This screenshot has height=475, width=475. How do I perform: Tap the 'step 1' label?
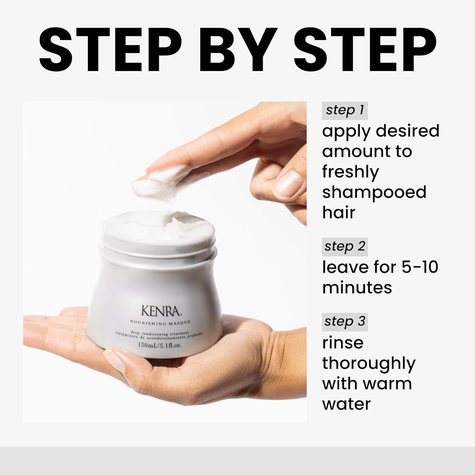click(x=345, y=110)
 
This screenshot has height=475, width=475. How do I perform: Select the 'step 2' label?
click(x=345, y=247)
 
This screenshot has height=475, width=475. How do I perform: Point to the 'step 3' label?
click(x=345, y=321)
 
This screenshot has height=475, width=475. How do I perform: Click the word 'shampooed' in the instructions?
click(x=374, y=193)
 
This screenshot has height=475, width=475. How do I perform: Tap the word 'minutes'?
click(x=357, y=287)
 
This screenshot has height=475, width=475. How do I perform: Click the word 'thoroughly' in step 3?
click(x=369, y=364)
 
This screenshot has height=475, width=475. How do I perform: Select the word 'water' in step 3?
click(x=346, y=404)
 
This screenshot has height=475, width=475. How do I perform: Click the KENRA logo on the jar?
click(x=161, y=311)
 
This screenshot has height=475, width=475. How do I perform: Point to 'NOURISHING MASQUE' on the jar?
click(x=160, y=323)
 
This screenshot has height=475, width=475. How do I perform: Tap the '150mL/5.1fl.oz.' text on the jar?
click(x=160, y=345)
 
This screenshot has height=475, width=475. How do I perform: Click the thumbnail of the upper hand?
click(x=289, y=184)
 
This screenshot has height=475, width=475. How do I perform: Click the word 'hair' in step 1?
click(x=339, y=212)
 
